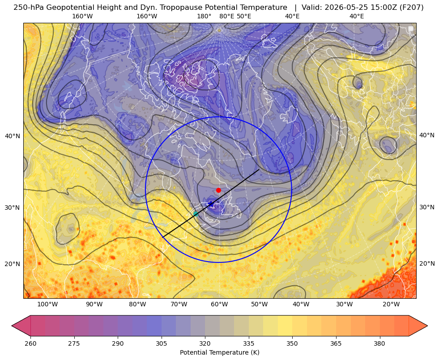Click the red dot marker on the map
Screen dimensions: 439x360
219,190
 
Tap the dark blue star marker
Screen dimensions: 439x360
211,204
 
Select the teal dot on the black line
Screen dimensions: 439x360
196,214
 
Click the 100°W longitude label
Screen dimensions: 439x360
47,304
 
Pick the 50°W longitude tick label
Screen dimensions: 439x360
259,304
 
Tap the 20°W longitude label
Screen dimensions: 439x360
392,304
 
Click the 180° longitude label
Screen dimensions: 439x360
204,16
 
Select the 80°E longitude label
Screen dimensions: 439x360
227,16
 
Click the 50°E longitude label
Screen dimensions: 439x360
244,16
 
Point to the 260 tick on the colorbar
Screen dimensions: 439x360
30,343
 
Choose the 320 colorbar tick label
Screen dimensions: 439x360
205,343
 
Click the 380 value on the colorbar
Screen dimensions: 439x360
379,343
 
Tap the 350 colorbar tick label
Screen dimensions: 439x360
292,343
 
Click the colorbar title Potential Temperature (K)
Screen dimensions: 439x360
219,352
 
